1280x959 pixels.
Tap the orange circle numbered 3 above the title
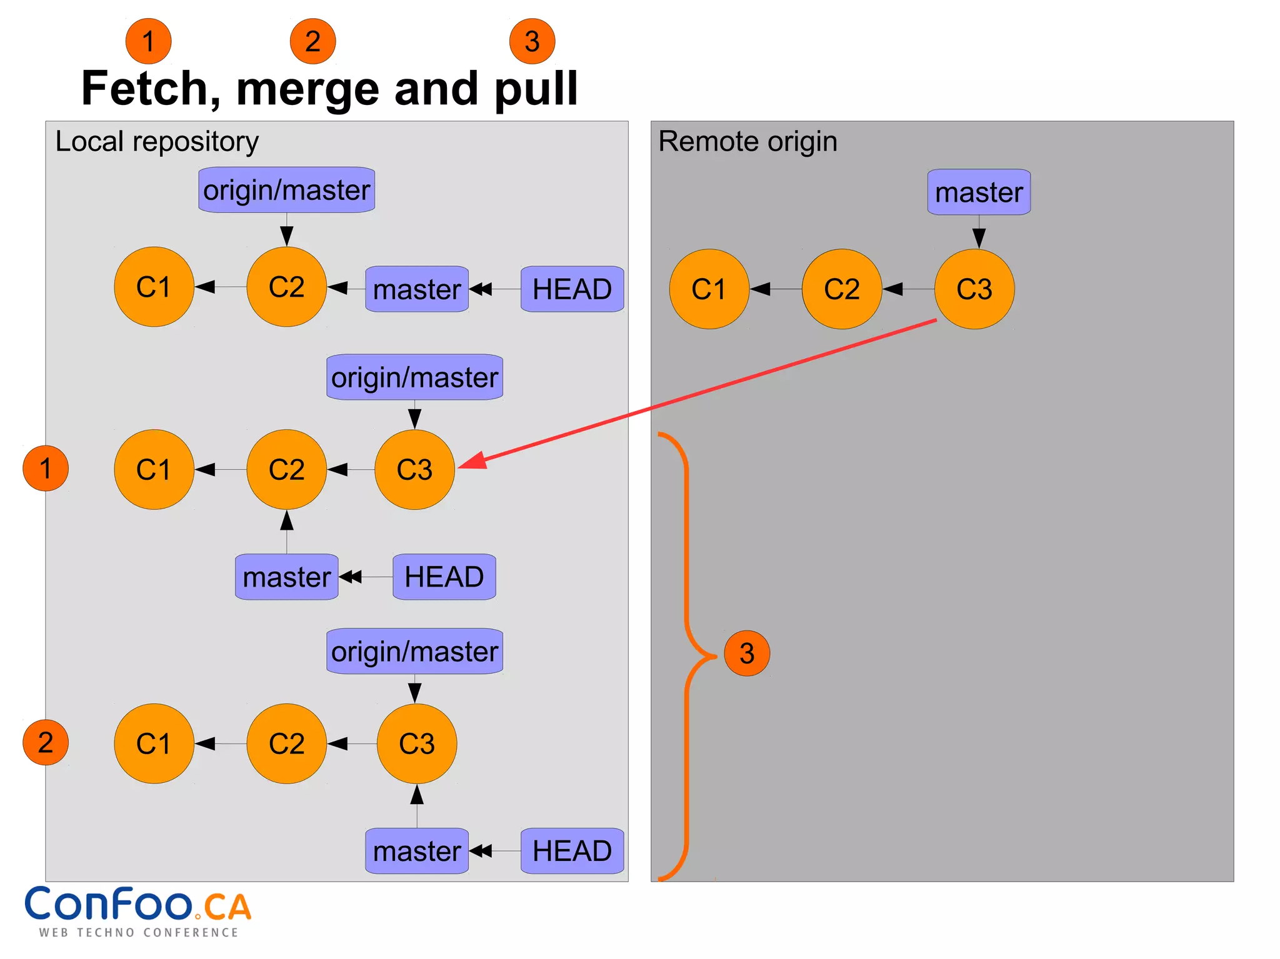tap(532, 41)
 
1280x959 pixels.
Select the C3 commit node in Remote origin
tap(974, 289)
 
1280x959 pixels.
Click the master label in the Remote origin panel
tap(979, 192)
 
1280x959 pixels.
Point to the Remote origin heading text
tap(747, 141)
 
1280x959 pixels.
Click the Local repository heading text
tap(157, 141)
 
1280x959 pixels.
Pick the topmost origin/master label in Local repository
tap(287, 190)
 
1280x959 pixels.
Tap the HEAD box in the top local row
tap(572, 289)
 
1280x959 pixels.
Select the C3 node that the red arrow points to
tap(414, 470)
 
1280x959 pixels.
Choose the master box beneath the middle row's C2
tap(287, 577)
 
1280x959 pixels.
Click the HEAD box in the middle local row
tap(444, 577)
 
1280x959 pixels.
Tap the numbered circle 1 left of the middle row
tap(46, 469)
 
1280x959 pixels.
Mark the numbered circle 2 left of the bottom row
tap(46, 743)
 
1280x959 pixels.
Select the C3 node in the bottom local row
tap(417, 743)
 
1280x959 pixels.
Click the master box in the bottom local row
tap(417, 851)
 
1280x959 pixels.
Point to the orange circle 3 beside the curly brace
tap(747, 653)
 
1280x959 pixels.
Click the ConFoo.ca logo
tap(137, 911)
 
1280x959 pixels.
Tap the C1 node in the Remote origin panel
tap(709, 289)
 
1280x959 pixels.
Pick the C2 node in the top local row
tap(287, 287)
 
